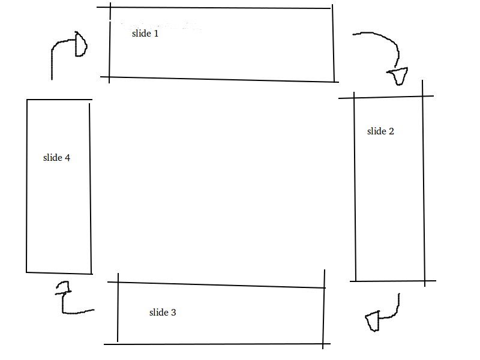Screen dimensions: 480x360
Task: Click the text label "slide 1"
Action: pos(145,34)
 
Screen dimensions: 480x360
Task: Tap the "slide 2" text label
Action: pos(380,131)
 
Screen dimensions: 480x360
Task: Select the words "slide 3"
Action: pos(163,313)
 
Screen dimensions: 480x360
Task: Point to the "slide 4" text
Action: pos(56,158)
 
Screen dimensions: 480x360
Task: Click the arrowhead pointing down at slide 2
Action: pos(398,77)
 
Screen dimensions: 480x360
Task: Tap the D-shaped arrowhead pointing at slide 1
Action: pos(80,46)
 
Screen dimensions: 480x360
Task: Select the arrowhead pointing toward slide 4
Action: pos(63,289)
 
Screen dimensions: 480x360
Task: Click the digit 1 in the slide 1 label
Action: pos(156,34)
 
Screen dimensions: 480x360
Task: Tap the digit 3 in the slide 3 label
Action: pos(173,313)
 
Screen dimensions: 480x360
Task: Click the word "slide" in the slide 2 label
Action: pos(376,131)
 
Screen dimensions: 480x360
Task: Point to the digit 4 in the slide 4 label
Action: pos(67,158)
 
